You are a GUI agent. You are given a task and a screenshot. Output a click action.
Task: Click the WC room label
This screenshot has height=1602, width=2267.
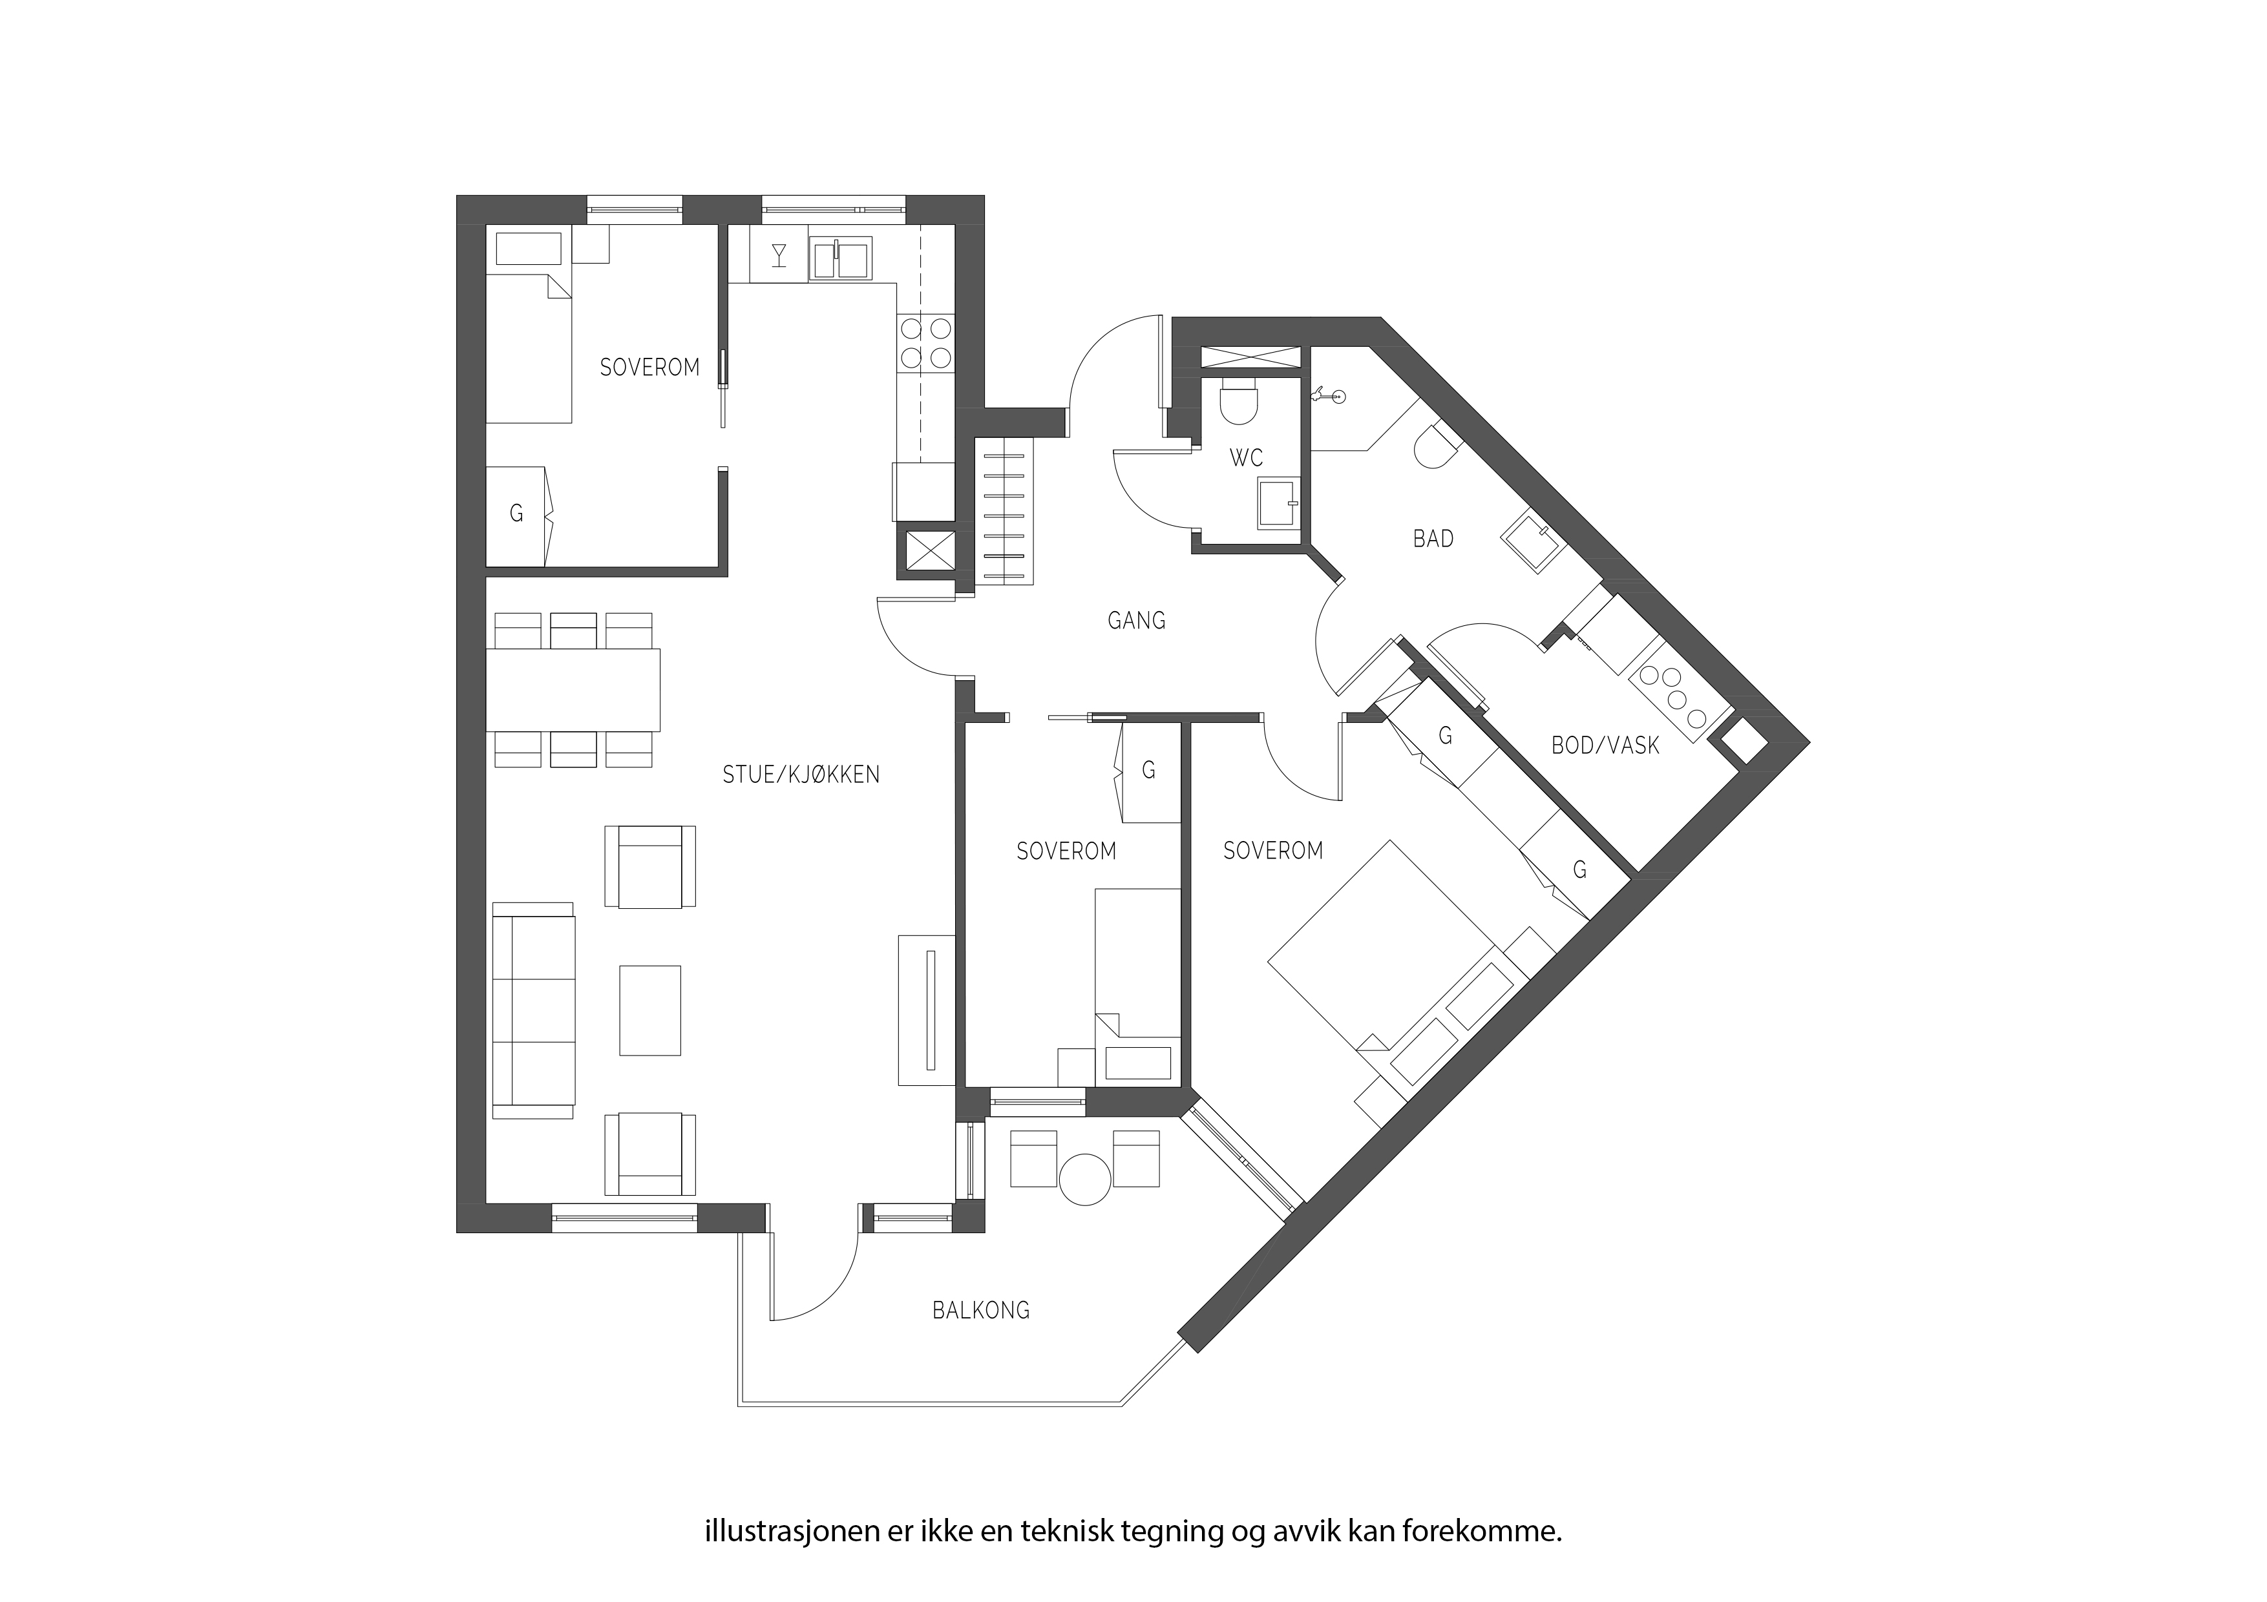1246,458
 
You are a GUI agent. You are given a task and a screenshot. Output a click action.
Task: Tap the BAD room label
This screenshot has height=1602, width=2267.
1433,539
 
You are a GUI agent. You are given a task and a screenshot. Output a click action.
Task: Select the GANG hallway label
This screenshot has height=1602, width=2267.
1137,621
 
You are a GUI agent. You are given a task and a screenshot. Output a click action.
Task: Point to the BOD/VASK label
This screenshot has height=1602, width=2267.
1605,745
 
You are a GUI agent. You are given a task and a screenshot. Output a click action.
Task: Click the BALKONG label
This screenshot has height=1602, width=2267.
980,1311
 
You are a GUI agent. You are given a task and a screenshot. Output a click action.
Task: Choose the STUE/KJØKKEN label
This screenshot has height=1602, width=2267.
801,775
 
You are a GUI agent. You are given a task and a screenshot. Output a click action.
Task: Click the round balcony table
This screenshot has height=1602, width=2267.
1085,1178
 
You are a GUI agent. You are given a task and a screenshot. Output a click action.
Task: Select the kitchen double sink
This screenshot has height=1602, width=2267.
840,258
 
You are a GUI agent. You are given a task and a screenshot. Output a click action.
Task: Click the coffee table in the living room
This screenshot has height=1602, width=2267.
649,1010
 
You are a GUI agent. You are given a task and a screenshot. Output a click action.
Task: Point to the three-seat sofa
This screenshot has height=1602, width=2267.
533,1010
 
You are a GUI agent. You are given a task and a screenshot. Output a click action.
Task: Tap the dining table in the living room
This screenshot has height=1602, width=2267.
573,689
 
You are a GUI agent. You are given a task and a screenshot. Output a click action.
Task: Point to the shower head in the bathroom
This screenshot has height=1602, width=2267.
1328,397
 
